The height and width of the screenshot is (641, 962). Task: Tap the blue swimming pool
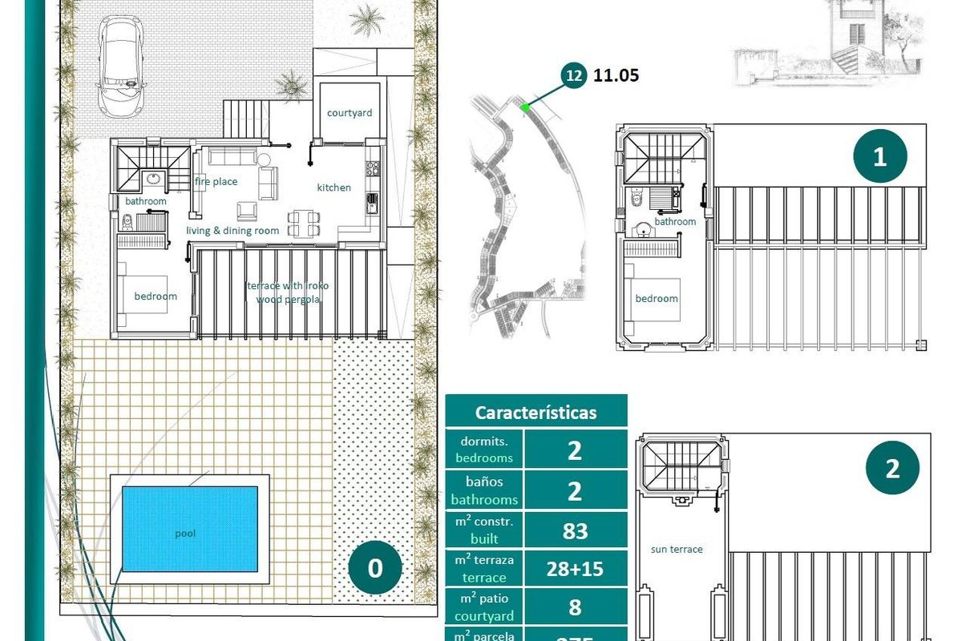pyautogui.click(x=190, y=529)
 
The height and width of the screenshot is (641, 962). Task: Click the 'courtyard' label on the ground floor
pyautogui.click(x=350, y=113)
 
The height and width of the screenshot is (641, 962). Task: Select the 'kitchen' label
pyautogui.click(x=333, y=187)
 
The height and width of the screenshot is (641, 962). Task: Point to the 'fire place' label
pyautogui.click(x=216, y=182)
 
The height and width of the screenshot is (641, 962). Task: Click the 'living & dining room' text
pyautogui.click(x=232, y=231)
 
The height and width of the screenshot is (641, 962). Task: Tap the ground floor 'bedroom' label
pyautogui.click(x=156, y=296)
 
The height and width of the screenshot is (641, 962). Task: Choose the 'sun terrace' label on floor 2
pyautogui.click(x=677, y=550)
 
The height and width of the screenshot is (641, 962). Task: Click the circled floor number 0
pyautogui.click(x=375, y=568)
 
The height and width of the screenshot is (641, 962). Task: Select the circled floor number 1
pyautogui.click(x=879, y=156)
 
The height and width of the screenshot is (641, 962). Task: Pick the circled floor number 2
pyautogui.click(x=893, y=469)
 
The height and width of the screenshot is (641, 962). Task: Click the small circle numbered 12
pyautogui.click(x=574, y=76)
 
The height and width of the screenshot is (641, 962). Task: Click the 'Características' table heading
pyautogui.click(x=536, y=413)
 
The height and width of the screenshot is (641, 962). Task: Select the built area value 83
pyautogui.click(x=575, y=530)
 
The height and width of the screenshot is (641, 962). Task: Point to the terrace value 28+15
pyautogui.click(x=575, y=569)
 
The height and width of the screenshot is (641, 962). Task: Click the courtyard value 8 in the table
pyautogui.click(x=575, y=607)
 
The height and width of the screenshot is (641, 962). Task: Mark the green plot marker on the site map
pyautogui.click(x=524, y=107)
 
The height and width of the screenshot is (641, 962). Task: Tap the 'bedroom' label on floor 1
pyautogui.click(x=657, y=299)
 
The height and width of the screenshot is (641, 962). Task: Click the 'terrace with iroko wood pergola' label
pyautogui.click(x=288, y=292)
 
